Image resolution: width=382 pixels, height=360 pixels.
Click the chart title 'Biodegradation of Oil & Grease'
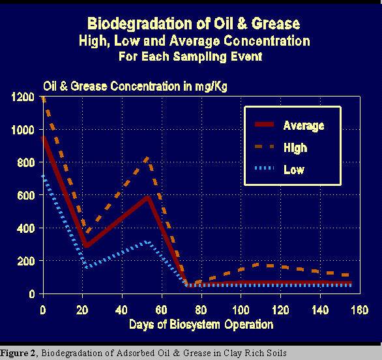(x=194, y=24)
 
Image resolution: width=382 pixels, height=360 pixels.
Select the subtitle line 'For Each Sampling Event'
(x=190, y=57)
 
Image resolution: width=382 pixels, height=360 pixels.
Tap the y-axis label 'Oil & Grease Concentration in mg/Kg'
(x=135, y=87)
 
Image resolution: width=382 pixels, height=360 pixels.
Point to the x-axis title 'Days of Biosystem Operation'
(x=201, y=325)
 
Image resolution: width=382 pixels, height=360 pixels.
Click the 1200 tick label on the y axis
(x=23, y=97)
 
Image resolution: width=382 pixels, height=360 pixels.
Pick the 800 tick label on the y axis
(x=26, y=162)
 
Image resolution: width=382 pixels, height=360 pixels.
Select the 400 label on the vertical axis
(x=26, y=228)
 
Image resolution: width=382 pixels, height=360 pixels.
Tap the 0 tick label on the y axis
(x=32, y=294)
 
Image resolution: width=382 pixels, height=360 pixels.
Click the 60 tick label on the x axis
(x=161, y=310)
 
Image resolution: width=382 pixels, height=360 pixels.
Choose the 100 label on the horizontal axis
(x=241, y=310)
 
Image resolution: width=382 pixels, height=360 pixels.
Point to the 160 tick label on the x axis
(x=360, y=310)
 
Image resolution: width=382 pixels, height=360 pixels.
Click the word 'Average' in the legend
(x=304, y=126)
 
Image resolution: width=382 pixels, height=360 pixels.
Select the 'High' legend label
(x=295, y=147)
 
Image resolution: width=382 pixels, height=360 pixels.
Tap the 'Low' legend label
(x=294, y=170)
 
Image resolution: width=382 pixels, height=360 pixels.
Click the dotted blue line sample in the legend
(x=264, y=168)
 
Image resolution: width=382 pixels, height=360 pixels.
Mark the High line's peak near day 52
(x=147, y=159)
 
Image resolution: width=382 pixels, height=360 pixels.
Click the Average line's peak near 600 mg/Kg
(x=147, y=198)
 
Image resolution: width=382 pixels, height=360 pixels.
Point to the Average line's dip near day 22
(x=87, y=245)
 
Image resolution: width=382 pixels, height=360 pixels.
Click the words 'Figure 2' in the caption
(x=18, y=353)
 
